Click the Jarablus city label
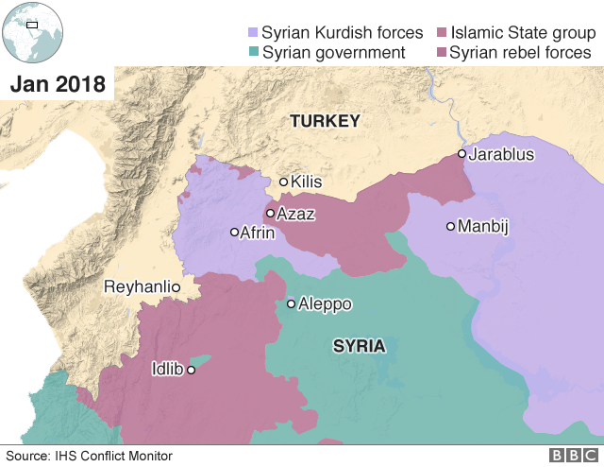click(x=502, y=154)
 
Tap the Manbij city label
click(x=482, y=227)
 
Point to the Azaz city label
click(x=295, y=215)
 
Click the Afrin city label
click(x=258, y=233)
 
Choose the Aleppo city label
click(x=325, y=304)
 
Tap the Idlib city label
click(x=167, y=370)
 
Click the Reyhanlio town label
click(x=142, y=285)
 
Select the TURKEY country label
click(x=325, y=121)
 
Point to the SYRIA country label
click(x=359, y=347)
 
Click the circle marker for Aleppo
click(x=291, y=304)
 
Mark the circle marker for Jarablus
click(x=461, y=154)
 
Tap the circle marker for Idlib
click(x=191, y=371)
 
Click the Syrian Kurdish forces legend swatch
click(x=251, y=32)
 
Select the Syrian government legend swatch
click(x=251, y=53)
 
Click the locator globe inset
click(x=33, y=32)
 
